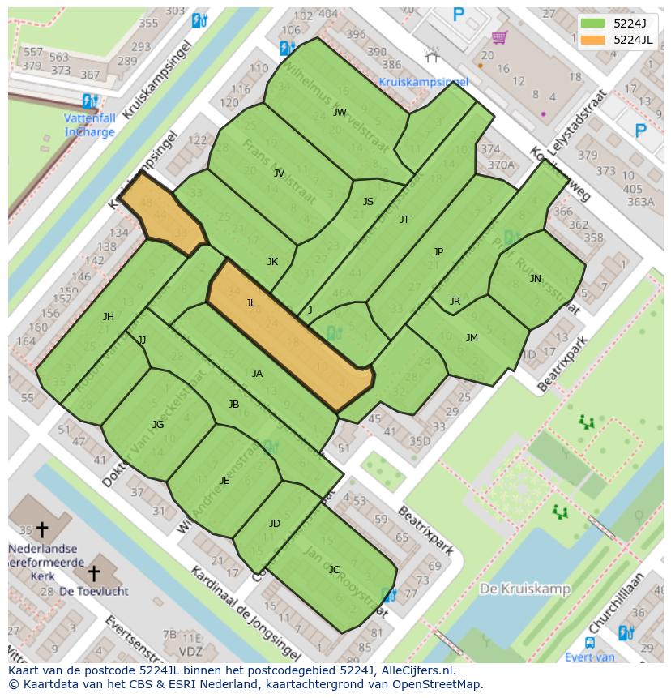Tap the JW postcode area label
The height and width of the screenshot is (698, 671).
click(x=340, y=113)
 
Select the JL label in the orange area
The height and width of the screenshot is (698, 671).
click(x=250, y=303)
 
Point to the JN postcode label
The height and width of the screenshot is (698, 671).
click(x=535, y=279)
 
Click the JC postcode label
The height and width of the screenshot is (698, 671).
click(x=334, y=570)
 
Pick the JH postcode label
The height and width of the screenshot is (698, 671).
click(x=108, y=317)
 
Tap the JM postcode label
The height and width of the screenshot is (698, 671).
click(x=472, y=338)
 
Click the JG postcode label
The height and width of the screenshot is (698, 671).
click(x=158, y=425)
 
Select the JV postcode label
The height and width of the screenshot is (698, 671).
click(x=279, y=173)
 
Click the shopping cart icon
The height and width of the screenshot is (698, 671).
click(x=499, y=37)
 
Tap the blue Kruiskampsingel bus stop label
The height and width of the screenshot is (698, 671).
click(x=423, y=82)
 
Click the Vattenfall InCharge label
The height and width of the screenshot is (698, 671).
click(x=90, y=125)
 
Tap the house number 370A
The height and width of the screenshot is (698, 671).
click(x=500, y=165)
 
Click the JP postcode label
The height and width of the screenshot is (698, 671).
click(x=438, y=252)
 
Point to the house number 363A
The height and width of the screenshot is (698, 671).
click(x=640, y=202)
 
